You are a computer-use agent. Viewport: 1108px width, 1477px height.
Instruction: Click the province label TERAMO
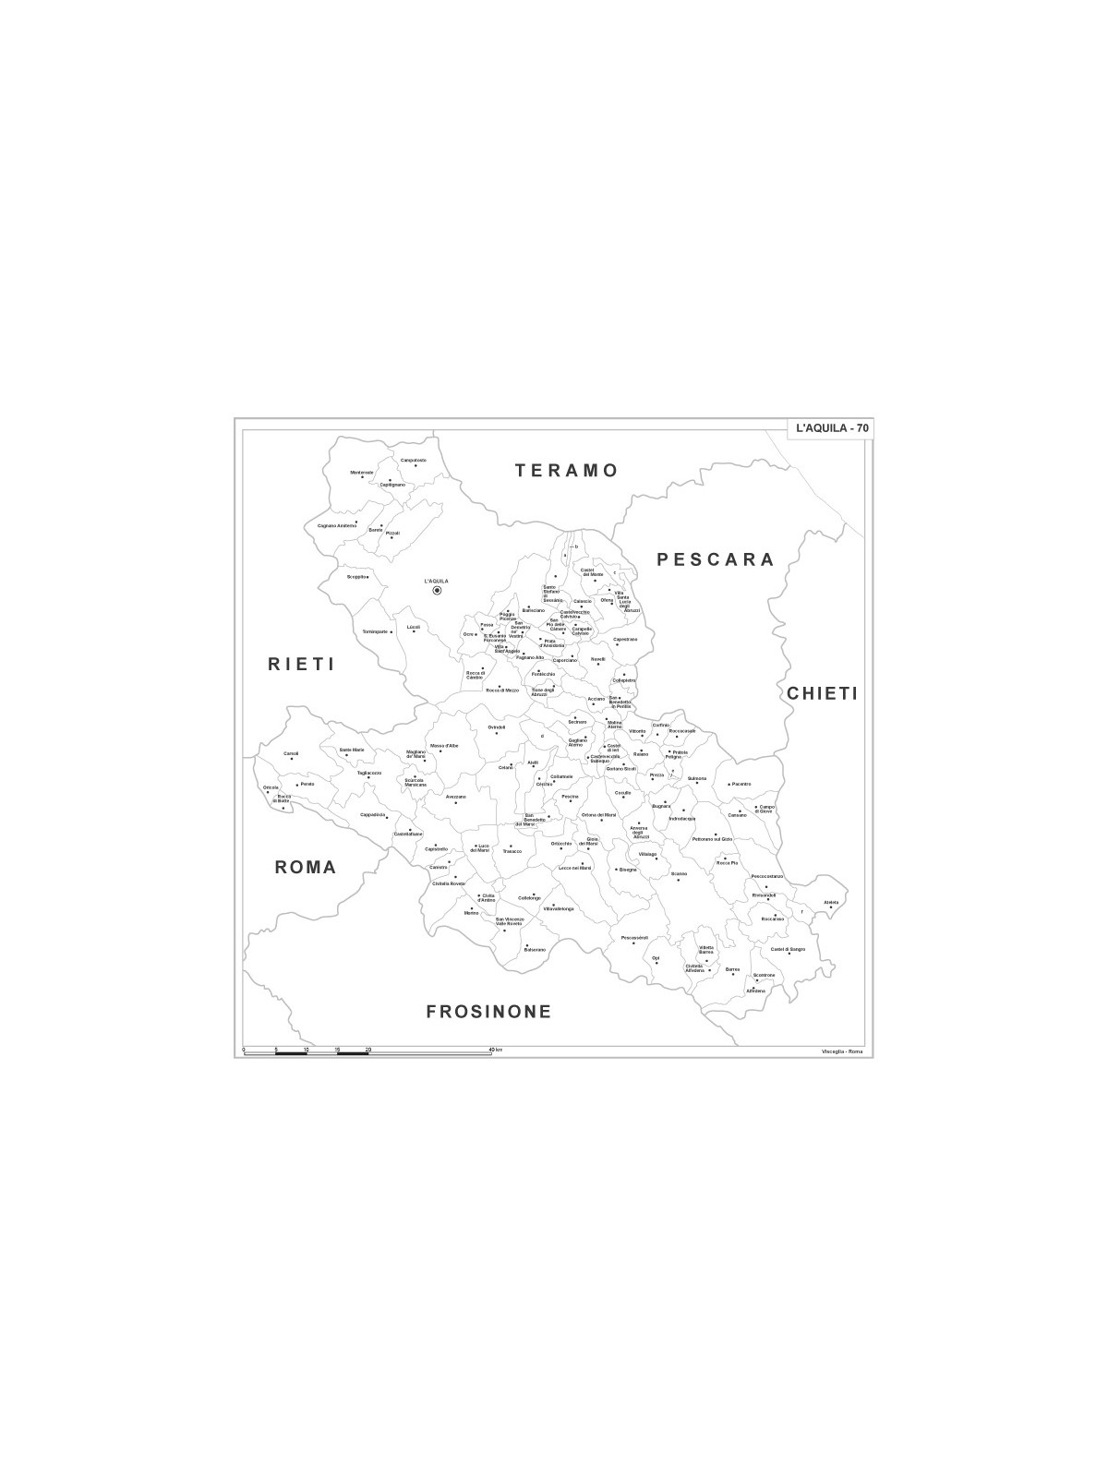click(x=566, y=471)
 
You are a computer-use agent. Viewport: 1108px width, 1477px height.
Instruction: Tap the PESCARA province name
click(x=715, y=559)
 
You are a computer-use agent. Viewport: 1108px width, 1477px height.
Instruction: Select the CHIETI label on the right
click(x=822, y=693)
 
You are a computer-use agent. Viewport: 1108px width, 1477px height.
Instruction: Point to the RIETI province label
click(x=300, y=664)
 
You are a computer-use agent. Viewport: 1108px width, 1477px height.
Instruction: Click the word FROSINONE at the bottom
click(x=488, y=1012)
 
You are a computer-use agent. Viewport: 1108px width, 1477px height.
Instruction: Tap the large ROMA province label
click(x=305, y=868)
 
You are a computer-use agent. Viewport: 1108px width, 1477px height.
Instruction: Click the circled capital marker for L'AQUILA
click(x=437, y=591)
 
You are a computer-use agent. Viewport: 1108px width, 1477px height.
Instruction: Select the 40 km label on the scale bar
click(x=496, y=1050)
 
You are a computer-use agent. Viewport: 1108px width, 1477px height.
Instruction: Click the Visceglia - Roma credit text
click(x=840, y=1052)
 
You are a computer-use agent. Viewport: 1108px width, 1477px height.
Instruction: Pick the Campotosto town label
click(x=413, y=460)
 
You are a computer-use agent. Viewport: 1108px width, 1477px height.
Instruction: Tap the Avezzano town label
click(x=455, y=797)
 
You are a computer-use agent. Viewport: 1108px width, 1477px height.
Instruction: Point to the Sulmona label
click(x=696, y=778)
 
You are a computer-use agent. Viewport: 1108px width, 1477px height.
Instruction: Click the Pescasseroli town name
click(x=635, y=938)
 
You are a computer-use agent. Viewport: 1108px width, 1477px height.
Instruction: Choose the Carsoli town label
click(x=291, y=753)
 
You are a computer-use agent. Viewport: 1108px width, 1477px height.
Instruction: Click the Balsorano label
click(x=535, y=949)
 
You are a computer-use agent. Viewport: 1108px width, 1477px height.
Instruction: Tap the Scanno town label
click(x=679, y=873)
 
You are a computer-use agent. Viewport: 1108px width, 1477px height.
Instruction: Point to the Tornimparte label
click(x=375, y=631)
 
